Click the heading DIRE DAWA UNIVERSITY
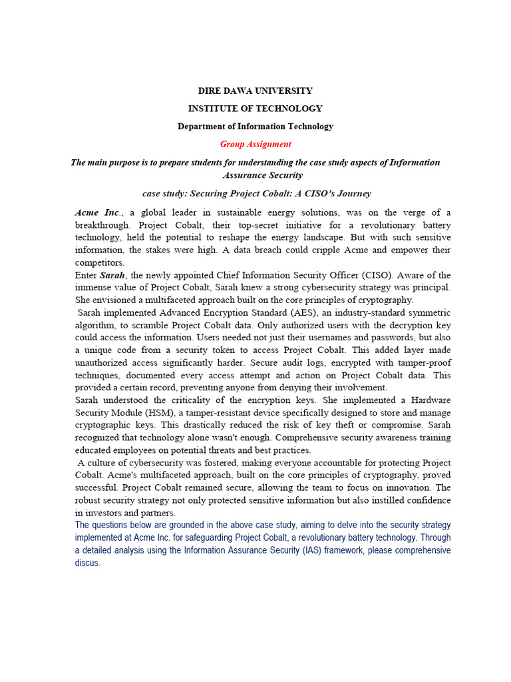coord(255,91)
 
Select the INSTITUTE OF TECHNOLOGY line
coord(255,109)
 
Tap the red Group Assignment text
coord(255,144)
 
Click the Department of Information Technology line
coord(255,126)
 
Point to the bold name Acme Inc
coord(98,212)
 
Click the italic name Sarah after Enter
coord(112,275)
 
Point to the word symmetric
coord(427,312)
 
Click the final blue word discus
coord(87,563)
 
